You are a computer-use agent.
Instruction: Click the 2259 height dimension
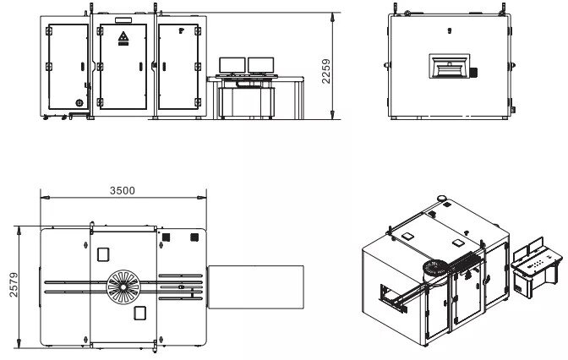326,71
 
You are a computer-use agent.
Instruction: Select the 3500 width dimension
123,190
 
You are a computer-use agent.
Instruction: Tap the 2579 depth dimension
14,285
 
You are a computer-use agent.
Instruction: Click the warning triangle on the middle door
123,36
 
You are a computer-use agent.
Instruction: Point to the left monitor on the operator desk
232,65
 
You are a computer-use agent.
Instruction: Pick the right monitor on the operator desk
261,65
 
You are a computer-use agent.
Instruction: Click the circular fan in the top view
123,286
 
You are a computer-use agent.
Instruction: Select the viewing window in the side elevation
450,66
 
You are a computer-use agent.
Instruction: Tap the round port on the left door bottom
79,103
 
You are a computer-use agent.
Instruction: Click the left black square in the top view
167,237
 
